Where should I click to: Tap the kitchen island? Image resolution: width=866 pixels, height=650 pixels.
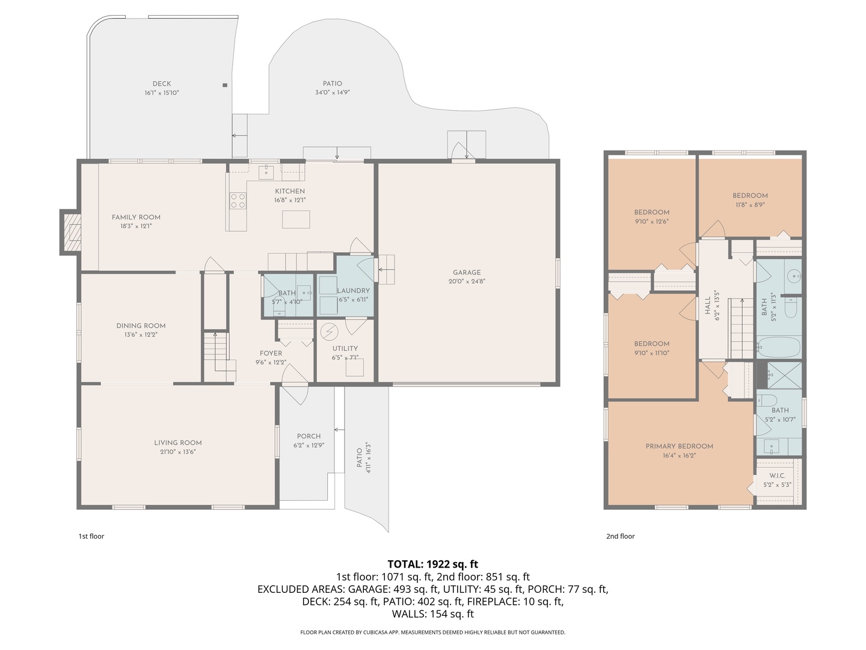296,219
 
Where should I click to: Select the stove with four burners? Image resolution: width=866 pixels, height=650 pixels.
238,200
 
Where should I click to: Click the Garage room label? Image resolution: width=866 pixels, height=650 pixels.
466,273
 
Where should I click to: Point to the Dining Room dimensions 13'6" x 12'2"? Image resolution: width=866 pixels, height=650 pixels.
141,335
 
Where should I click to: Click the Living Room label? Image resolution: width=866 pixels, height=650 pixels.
177,443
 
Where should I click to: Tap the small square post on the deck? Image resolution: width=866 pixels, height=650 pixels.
225,85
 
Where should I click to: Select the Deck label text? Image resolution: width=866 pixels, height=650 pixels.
161,84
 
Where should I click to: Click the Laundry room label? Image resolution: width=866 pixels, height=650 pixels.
353,291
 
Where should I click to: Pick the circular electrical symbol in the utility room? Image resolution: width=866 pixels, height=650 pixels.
329,332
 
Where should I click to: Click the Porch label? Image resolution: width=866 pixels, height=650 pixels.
309,436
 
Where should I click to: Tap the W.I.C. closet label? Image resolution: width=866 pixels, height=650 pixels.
777,475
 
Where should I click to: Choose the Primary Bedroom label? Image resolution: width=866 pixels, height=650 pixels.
679,447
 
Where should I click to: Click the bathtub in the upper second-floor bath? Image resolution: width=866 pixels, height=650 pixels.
778,348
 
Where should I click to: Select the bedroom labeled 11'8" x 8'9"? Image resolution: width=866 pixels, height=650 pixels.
750,196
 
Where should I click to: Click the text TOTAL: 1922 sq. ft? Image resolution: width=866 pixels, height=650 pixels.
432,565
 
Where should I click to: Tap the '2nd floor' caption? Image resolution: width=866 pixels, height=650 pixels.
620,536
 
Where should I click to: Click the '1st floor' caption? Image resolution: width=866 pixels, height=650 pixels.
91,536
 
